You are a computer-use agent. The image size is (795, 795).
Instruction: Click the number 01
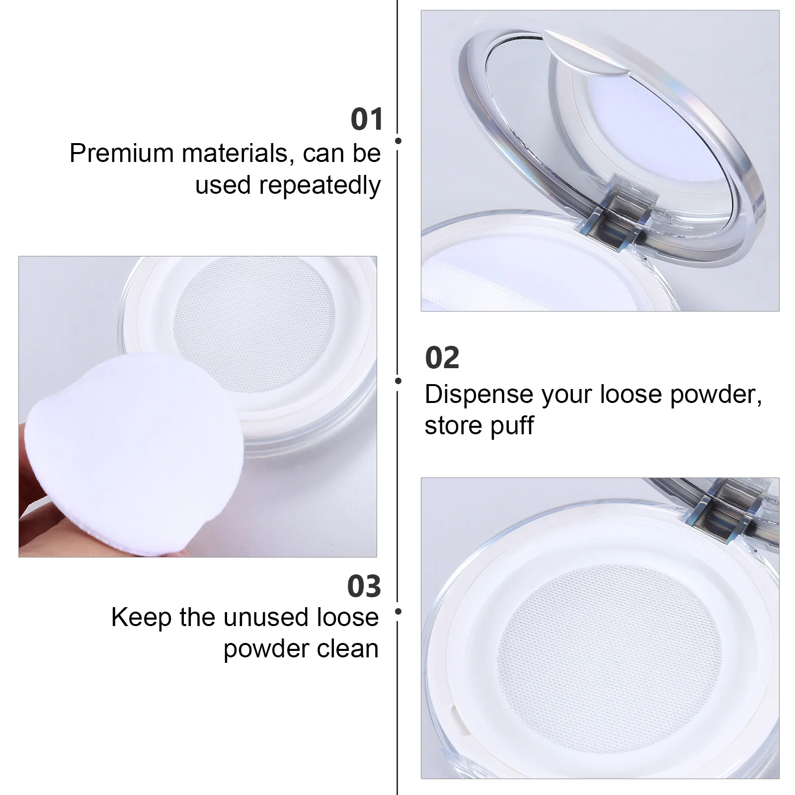pyautogui.click(x=367, y=120)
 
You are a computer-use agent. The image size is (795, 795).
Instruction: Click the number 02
pyautogui.click(x=442, y=358)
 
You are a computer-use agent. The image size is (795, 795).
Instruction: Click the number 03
pyautogui.click(x=364, y=586)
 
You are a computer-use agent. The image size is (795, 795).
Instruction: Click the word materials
pyautogui.click(x=235, y=153)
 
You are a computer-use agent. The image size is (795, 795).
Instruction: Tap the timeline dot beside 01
pyautogui.click(x=398, y=141)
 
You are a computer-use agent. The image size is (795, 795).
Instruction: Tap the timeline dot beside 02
pyautogui.click(x=398, y=381)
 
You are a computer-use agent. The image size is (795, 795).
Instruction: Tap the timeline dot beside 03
pyautogui.click(x=398, y=611)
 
